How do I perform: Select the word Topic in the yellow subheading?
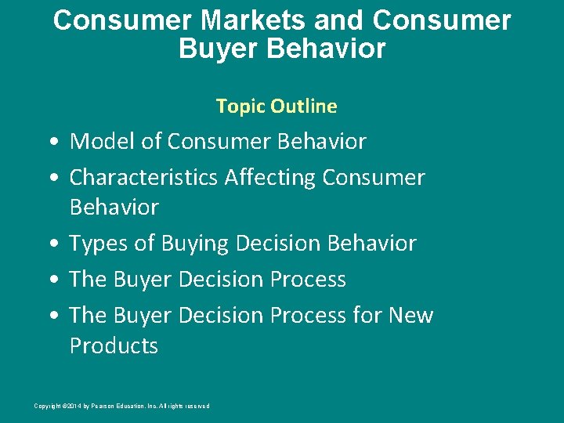click(x=238, y=106)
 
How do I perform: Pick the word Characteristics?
click(x=143, y=178)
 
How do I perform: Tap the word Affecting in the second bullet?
click(x=271, y=178)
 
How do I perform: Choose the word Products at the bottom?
click(x=114, y=345)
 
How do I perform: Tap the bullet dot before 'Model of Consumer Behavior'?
click(x=50, y=143)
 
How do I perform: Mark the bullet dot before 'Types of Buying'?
click(x=50, y=244)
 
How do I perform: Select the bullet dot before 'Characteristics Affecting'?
click(x=50, y=179)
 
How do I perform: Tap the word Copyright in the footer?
click(x=46, y=406)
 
